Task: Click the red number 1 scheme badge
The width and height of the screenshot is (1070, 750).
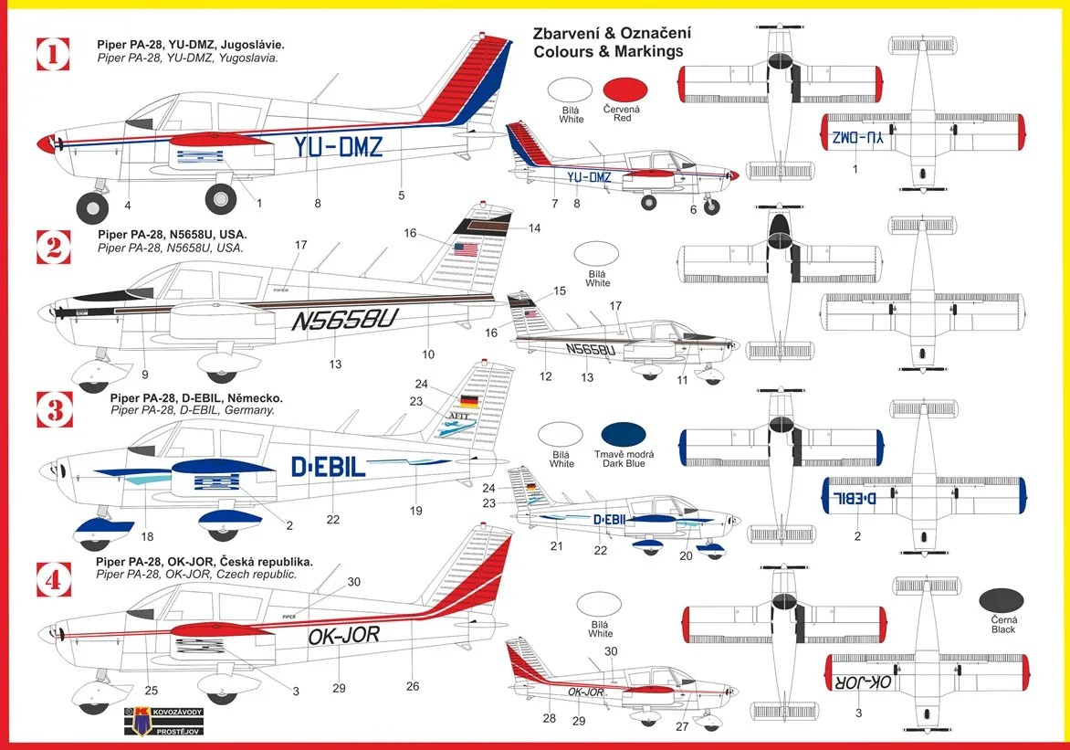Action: [x=53, y=53]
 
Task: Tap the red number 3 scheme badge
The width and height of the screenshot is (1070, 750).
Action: [x=54, y=410]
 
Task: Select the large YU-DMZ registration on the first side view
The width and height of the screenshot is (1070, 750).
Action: [x=338, y=146]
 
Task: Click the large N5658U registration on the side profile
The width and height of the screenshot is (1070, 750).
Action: [x=344, y=318]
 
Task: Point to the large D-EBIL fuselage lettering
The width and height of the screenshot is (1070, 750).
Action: [x=329, y=467]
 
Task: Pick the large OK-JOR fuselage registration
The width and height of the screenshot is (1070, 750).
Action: [x=344, y=635]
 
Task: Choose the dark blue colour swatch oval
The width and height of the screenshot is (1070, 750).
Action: [x=624, y=436]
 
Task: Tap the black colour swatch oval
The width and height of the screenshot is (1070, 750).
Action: [x=1002, y=602]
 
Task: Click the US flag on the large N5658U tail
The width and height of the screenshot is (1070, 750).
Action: [x=467, y=248]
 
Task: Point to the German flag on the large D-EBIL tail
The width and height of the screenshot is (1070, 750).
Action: [x=470, y=400]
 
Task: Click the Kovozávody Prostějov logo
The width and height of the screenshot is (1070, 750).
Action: [x=163, y=721]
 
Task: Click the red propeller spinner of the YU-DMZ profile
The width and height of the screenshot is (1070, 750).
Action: [x=45, y=143]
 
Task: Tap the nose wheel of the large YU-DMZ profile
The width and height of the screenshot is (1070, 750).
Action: [x=92, y=207]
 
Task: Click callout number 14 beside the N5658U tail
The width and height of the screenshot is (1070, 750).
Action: [x=534, y=228]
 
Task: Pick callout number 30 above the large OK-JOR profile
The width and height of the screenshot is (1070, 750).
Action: [x=353, y=582]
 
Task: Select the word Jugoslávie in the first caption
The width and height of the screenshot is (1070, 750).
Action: [x=250, y=45]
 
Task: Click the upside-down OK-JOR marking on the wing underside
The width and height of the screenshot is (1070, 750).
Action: [x=863, y=682]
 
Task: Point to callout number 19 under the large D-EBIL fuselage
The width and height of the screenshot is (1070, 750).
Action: [x=415, y=511]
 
